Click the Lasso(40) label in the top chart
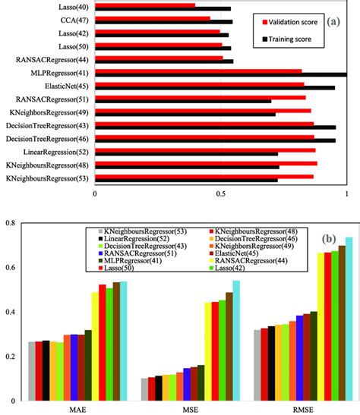pos(68,7)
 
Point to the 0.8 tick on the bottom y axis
pos(10,224)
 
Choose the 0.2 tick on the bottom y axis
pos(10,357)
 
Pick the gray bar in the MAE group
pos(32,371)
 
